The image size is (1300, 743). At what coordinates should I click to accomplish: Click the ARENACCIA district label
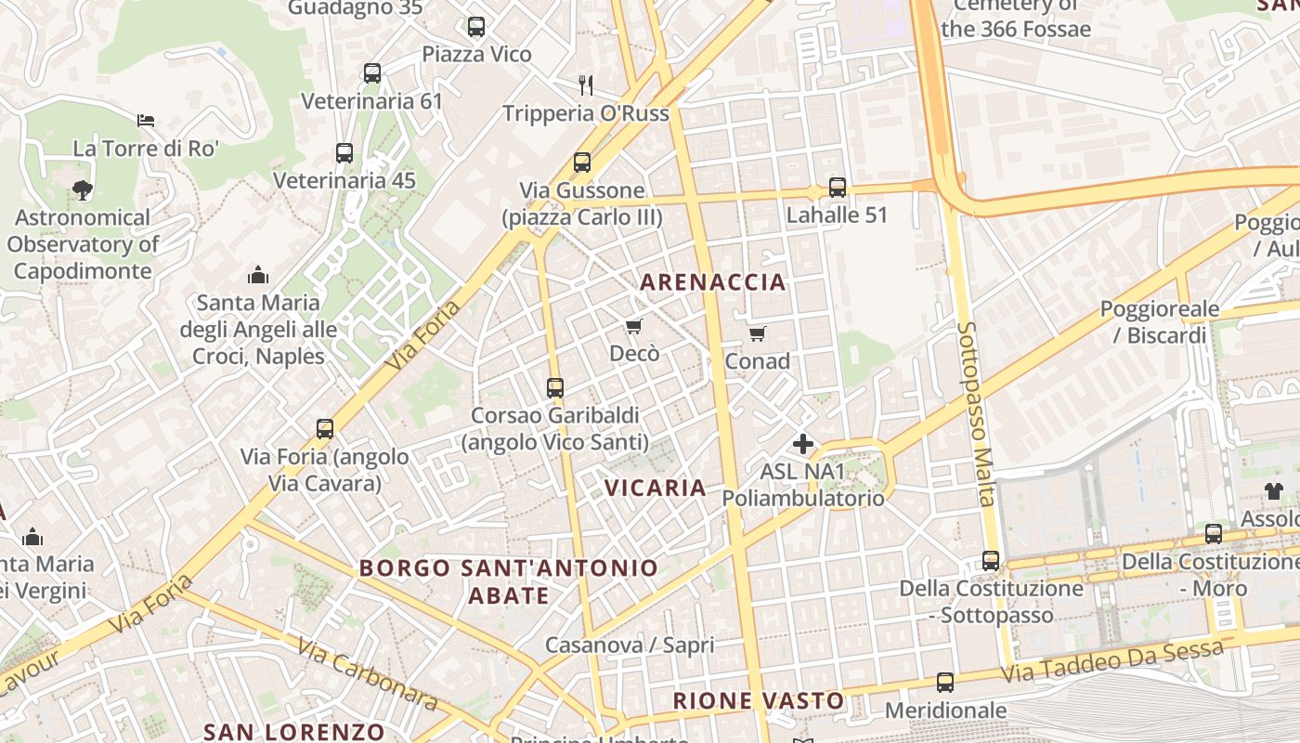point(713,282)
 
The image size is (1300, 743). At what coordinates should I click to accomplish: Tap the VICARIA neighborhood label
point(656,488)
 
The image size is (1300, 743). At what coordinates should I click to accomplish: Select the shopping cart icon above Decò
point(634,326)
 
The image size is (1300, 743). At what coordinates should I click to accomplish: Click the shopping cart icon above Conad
point(758,333)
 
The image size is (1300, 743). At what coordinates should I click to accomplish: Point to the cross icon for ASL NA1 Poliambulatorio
point(803,444)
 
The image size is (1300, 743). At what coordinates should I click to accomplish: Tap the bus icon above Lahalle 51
point(838,188)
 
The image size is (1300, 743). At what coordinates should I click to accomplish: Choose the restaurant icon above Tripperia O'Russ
point(586,85)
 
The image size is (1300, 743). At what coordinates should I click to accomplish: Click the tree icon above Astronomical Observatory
point(83,190)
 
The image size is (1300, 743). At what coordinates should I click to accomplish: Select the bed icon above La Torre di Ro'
point(146,121)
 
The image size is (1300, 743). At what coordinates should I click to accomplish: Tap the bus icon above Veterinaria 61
point(372,73)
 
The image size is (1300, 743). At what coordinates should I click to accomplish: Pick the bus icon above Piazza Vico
point(476,27)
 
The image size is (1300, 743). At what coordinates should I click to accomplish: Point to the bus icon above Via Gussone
point(582,163)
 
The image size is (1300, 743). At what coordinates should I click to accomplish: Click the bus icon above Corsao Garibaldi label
point(555,387)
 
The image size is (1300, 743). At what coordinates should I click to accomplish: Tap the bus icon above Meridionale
point(945,683)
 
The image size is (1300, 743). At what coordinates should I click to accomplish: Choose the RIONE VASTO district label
point(759,701)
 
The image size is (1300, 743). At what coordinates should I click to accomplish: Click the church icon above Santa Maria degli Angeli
point(258,275)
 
